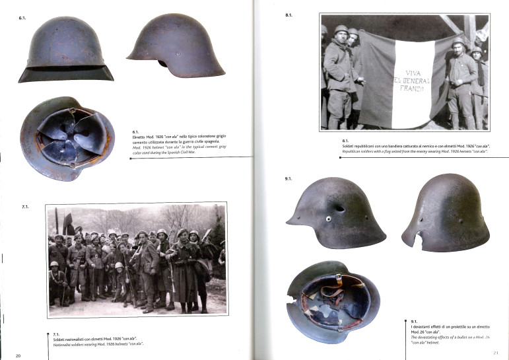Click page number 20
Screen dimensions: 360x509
point(18,356)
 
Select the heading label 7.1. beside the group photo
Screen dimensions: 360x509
point(26,207)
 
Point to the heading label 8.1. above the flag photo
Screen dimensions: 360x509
point(288,15)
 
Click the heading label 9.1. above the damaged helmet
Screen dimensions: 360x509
point(288,179)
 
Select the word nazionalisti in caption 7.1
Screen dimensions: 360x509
point(79,338)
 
